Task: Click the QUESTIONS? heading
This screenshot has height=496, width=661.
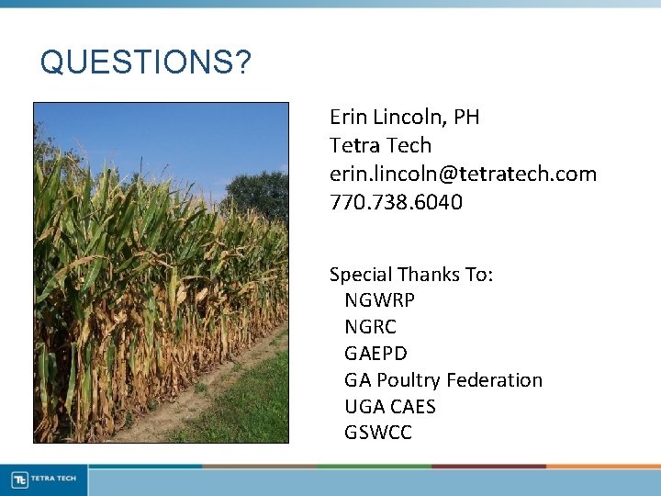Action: tap(145, 62)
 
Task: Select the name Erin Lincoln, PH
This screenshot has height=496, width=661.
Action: tap(404, 118)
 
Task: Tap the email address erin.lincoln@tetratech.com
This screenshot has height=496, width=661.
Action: tap(463, 174)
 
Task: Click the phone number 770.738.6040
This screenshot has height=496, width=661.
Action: tap(396, 202)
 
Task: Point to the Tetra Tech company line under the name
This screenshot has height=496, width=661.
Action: tap(380, 146)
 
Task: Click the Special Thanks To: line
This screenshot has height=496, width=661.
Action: tap(410, 275)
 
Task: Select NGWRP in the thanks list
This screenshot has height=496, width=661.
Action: tap(379, 300)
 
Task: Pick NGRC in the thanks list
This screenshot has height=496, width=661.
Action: tap(370, 327)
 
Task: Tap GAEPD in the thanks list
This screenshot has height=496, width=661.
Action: tap(375, 354)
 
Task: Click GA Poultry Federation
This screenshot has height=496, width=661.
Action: tap(443, 380)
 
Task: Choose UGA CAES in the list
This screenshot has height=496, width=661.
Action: tap(389, 407)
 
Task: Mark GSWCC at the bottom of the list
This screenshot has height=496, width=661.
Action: tap(377, 433)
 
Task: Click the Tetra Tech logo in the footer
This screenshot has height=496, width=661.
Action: tap(44, 479)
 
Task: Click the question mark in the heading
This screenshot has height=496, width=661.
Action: tap(242, 62)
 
